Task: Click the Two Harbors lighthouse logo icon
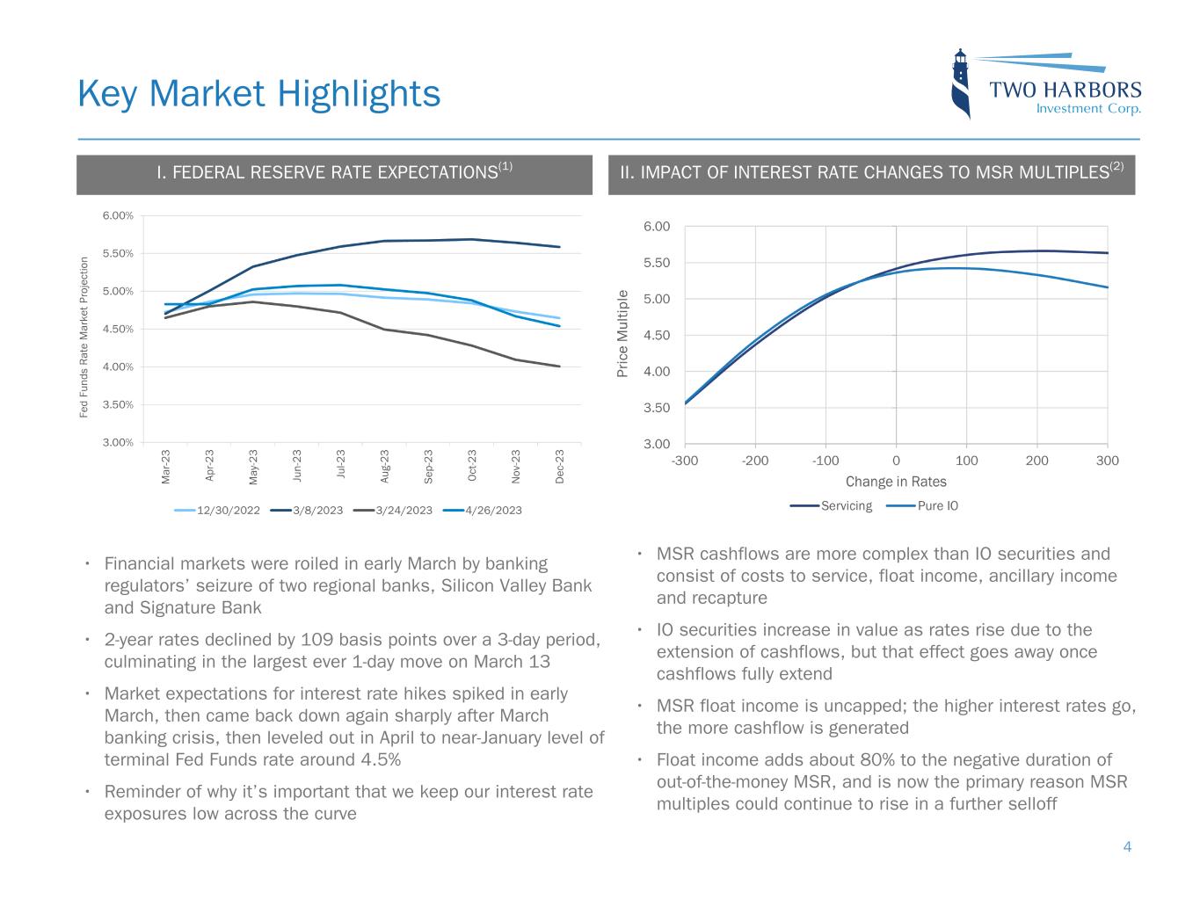(962, 83)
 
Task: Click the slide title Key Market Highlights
(258, 93)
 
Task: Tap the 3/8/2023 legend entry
(306, 510)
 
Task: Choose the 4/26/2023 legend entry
(482, 510)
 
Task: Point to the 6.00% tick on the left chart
(117, 216)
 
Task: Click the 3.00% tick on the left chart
(117, 443)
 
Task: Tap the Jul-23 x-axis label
(340, 466)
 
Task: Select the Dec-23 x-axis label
(560, 466)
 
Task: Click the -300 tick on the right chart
(685, 460)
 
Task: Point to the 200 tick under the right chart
(1036, 460)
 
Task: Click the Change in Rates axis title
(896, 482)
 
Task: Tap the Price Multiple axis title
(623, 334)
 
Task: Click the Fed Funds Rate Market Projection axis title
(84, 337)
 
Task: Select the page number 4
(1127, 847)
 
